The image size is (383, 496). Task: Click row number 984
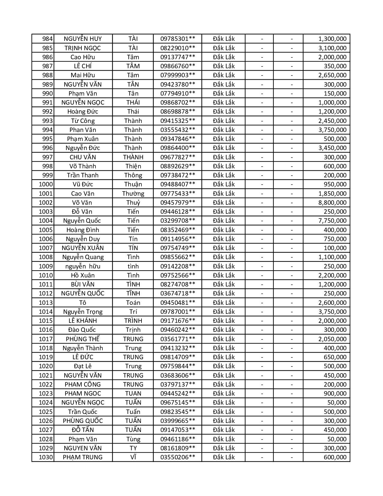pyautogui.click(x=47, y=39)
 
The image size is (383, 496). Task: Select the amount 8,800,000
pyautogui.click(x=332, y=203)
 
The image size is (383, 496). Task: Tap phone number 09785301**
pyautogui.click(x=178, y=39)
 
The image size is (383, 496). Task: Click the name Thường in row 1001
pyautogui.click(x=133, y=194)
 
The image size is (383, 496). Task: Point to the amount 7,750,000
pyautogui.click(x=332, y=221)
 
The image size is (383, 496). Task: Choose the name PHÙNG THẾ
pyautogui.click(x=83, y=339)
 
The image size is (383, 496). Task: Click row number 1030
pyautogui.click(x=46, y=457)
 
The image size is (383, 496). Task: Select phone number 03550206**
pyautogui.click(x=178, y=457)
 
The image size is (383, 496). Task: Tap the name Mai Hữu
pyautogui.click(x=83, y=75)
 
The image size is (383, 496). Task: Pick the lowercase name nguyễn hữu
pyautogui.click(x=83, y=266)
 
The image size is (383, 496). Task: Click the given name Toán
pyautogui.click(x=133, y=303)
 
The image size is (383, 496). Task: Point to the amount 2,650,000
pyautogui.click(x=332, y=75)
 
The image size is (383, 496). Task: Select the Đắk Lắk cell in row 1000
pyautogui.click(x=224, y=184)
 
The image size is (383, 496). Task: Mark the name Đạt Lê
pyautogui.click(x=83, y=366)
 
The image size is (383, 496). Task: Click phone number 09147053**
pyautogui.click(x=178, y=430)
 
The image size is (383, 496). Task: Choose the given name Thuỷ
pyautogui.click(x=133, y=203)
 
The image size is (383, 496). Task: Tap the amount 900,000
pyautogui.click(x=335, y=393)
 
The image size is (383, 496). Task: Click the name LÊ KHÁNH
pyautogui.click(x=83, y=321)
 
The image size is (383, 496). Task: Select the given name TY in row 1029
pyautogui.click(x=133, y=448)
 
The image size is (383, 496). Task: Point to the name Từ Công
pyautogui.click(x=83, y=121)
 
